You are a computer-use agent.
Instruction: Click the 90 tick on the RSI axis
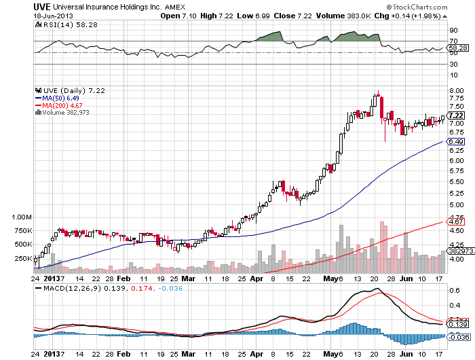(x=453, y=31)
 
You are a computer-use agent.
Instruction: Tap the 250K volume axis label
(x=22, y=258)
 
